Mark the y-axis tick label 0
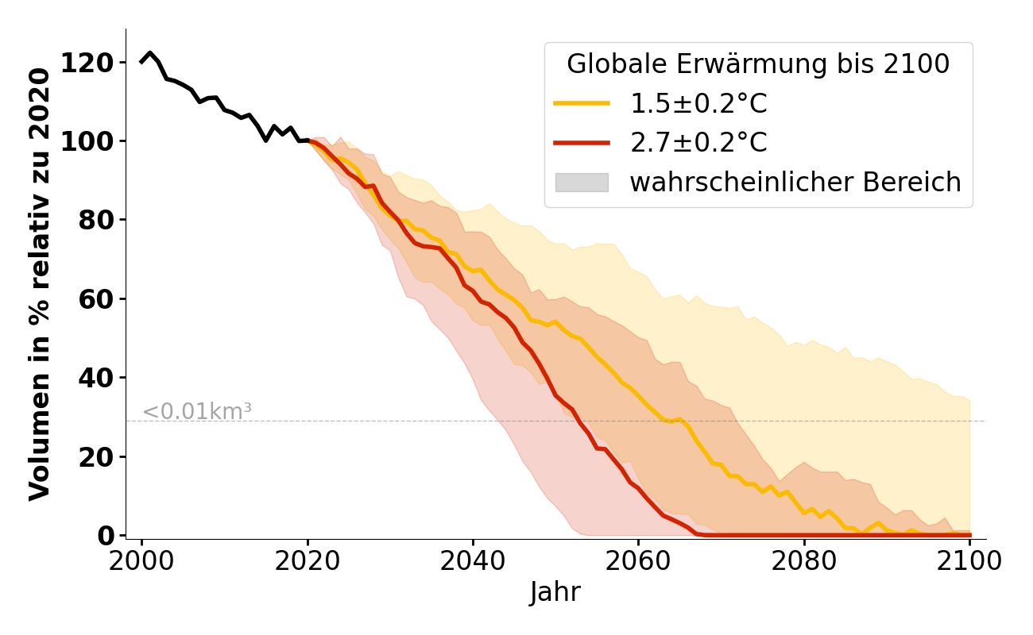pos(106,536)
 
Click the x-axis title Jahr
pos(555,593)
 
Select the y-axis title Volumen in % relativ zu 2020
pos(40,284)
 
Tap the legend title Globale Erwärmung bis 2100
pos(758,64)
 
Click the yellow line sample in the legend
pos(582,104)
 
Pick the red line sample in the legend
pos(582,143)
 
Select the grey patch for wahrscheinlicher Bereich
pos(582,183)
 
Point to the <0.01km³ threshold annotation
pos(197,412)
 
